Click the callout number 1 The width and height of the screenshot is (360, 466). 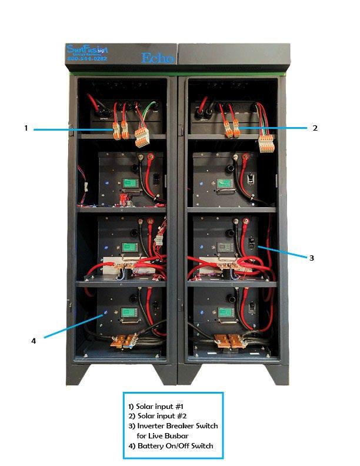[x=26, y=128]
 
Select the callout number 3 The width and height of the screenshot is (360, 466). [x=312, y=257]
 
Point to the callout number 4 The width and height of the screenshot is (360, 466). [x=34, y=339]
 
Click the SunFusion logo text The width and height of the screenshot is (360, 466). [x=88, y=49]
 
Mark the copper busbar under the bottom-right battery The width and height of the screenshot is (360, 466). [x=228, y=341]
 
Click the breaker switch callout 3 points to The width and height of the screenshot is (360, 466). [x=252, y=242]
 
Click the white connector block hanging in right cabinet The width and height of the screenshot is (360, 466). [x=267, y=142]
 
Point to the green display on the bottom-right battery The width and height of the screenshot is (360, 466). [x=225, y=312]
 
